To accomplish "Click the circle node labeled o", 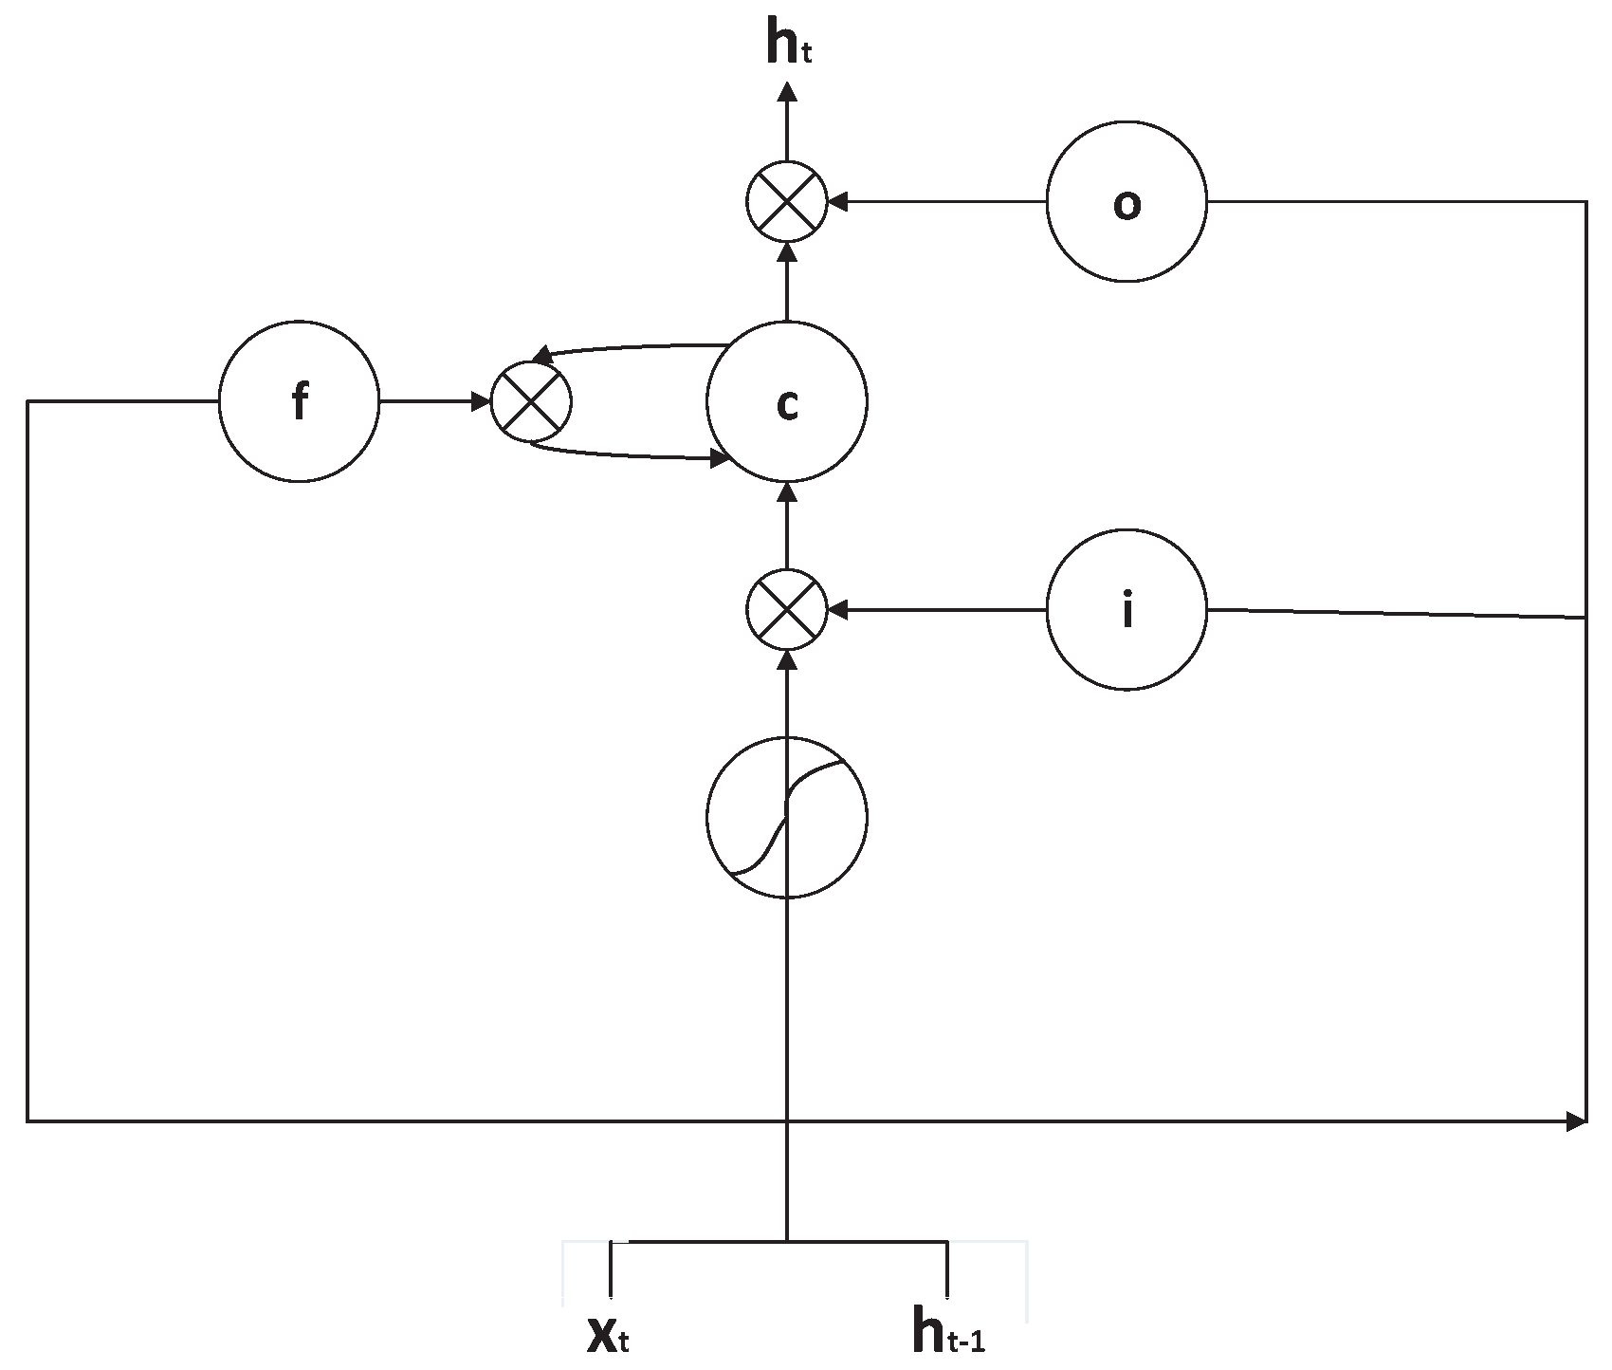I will point(1127,201).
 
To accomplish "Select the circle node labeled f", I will point(299,402).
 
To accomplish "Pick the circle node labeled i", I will point(1127,610).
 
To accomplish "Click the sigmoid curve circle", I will point(786,817).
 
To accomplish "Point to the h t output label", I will point(787,46).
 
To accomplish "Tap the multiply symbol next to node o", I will point(786,201).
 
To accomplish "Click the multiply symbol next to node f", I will point(531,402).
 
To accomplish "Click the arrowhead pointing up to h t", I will point(786,91).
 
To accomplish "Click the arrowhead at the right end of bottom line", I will point(1577,1122).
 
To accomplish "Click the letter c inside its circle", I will point(786,405).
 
